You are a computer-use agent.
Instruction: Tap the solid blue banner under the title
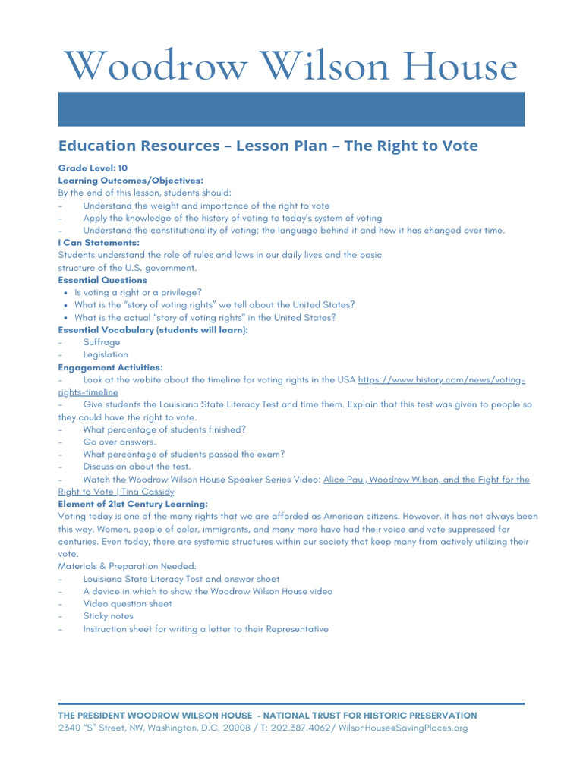click(x=291, y=109)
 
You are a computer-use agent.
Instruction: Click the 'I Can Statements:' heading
click(x=99, y=243)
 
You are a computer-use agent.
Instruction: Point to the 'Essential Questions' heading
click(x=102, y=280)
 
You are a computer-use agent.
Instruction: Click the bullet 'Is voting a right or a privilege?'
click(x=137, y=292)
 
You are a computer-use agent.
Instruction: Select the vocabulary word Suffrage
click(x=101, y=342)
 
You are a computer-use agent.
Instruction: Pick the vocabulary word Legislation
click(x=106, y=354)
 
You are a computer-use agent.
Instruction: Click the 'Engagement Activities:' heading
click(x=110, y=367)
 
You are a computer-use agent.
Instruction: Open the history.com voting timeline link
click(x=440, y=379)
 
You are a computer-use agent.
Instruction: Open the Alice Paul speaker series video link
click(x=426, y=480)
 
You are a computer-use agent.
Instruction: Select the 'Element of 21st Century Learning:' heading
click(x=133, y=504)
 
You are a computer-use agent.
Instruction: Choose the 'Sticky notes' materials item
click(x=108, y=616)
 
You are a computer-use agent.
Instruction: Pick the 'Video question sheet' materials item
click(x=128, y=604)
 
